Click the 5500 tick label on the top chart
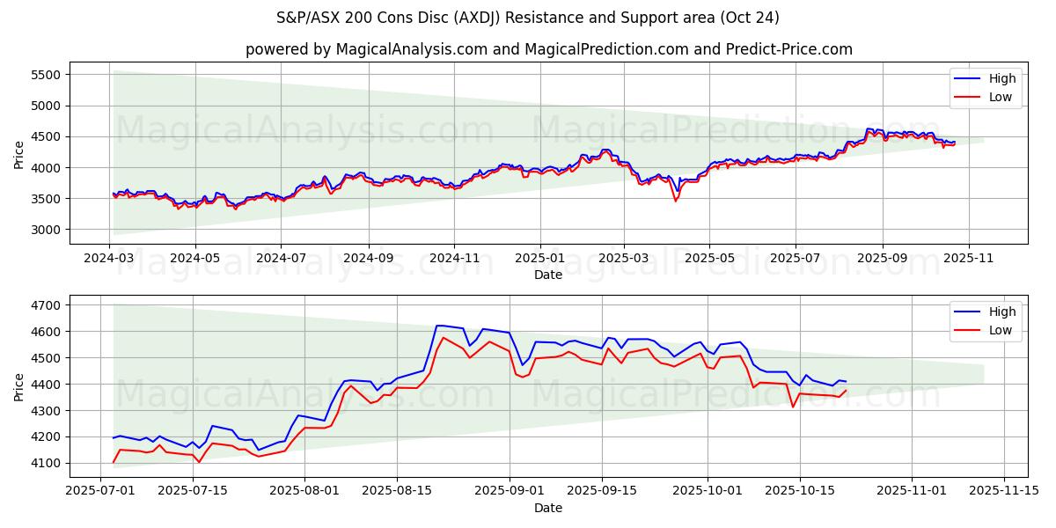coord(44,75)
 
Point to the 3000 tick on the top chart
coord(44,230)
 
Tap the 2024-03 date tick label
coord(109,259)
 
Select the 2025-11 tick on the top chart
coord(968,259)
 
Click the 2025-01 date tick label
coord(539,259)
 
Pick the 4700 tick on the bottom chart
coord(44,305)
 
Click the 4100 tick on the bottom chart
coord(44,463)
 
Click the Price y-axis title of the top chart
coord(19,154)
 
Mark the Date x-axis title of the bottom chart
coord(547,508)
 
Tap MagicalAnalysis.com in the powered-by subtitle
coord(411,49)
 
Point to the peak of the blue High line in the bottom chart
coord(438,326)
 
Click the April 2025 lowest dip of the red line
coord(676,201)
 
